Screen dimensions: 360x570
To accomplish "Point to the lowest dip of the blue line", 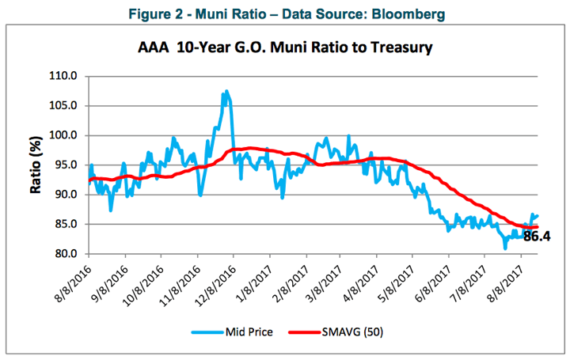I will (505, 248).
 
